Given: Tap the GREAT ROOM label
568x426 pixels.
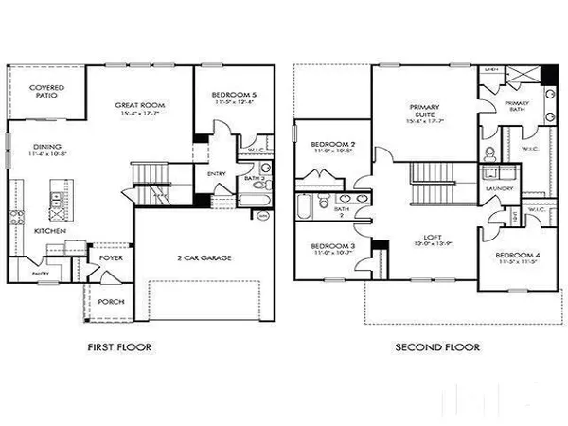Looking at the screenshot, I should tap(141, 105).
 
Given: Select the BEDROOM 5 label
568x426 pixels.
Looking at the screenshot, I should tap(233, 96).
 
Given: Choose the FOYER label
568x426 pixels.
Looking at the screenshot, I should tap(107, 257).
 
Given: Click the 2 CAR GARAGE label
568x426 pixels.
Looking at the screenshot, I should tap(205, 257).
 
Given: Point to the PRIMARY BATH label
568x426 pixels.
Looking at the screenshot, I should tap(516, 106).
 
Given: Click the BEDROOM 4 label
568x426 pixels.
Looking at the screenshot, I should tap(519, 257).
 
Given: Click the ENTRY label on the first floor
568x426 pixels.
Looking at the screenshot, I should tap(217, 173).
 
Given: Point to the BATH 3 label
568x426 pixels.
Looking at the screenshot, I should tap(253, 177).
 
